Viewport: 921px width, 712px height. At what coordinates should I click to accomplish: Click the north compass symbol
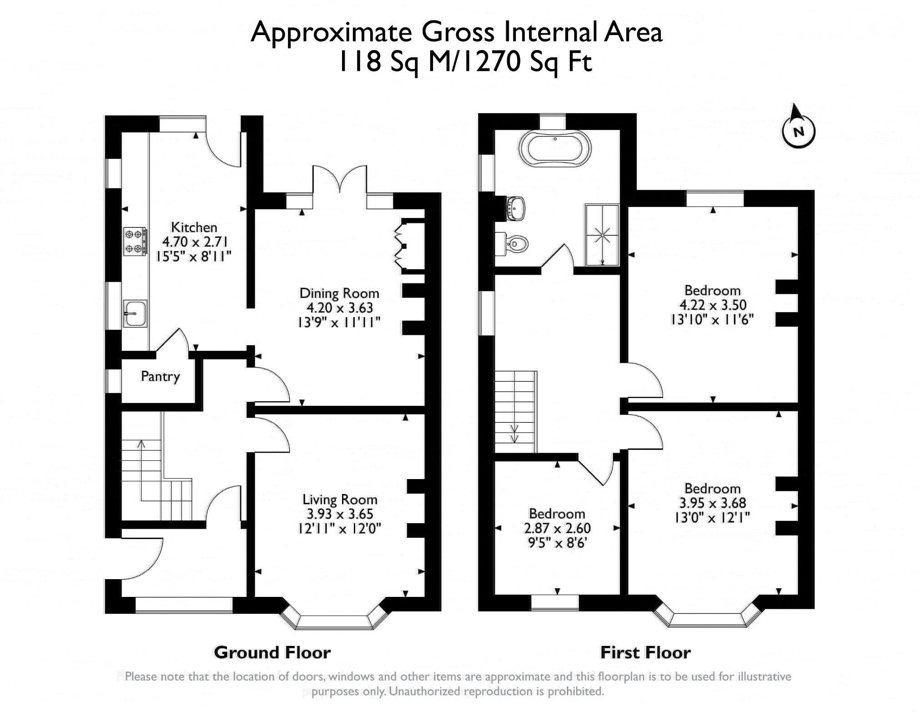click(798, 131)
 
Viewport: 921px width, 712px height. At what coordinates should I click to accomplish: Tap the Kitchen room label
click(194, 227)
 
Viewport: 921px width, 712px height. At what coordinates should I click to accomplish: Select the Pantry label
click(160, 376)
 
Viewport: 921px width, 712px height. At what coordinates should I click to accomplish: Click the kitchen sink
click(135, 313)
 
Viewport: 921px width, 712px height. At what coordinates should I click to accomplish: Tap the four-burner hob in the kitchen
click(135, 241)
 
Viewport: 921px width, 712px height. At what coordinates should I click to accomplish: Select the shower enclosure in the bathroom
click(603, 235)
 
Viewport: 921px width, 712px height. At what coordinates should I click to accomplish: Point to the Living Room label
click(340, 500)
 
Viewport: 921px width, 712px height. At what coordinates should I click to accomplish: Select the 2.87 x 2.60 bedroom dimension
click(557, 528)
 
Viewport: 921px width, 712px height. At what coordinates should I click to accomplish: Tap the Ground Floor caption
click(272, 652)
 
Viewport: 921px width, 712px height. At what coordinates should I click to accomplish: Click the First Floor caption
click(645, 652)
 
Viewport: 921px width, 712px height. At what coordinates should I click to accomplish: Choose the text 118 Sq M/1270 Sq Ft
click(464, 62)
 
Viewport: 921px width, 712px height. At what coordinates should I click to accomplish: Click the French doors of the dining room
click(340, 184)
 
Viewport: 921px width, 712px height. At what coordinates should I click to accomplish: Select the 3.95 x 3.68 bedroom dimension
click(712, 503)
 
